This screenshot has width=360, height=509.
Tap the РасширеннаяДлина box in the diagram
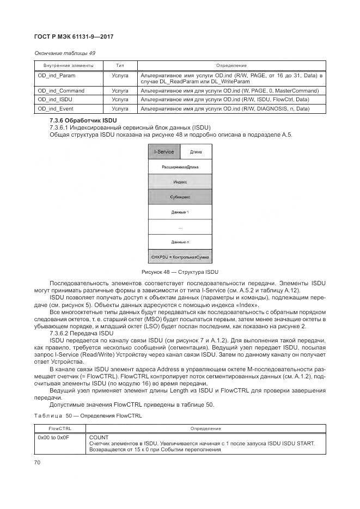point(180,167)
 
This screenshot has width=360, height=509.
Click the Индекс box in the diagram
point(180,182)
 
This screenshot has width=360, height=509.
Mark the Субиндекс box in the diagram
point(180,197)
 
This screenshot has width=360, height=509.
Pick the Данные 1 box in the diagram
point(180,211)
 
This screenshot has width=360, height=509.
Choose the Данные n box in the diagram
point(180,241)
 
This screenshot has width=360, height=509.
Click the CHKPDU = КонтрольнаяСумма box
point(180,256)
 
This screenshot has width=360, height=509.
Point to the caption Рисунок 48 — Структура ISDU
point(180,272)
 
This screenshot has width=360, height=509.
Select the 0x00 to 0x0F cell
point(53,437)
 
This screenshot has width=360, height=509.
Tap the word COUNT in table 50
point(99,437)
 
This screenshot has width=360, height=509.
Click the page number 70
point(37,462)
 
